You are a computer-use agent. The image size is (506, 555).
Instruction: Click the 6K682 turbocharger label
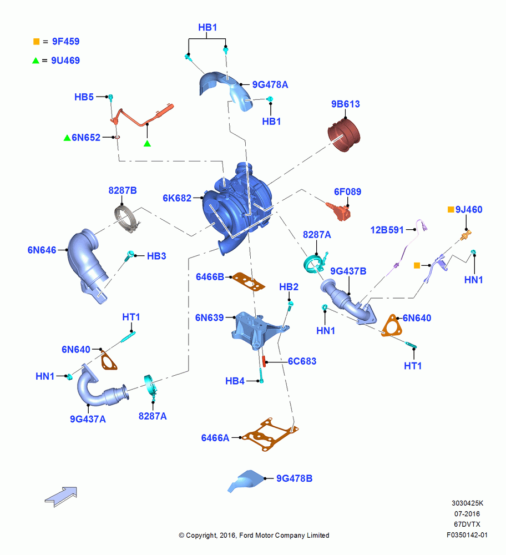177,198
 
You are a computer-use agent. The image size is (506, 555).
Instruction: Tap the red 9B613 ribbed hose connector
344,135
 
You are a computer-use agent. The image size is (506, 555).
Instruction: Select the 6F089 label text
347,192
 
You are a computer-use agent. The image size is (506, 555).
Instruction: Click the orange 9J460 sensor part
466,236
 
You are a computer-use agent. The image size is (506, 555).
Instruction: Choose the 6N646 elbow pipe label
42,250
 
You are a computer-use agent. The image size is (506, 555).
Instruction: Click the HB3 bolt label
156,256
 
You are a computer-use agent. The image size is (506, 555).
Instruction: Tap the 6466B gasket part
249,281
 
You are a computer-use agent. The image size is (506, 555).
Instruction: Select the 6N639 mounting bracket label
210,317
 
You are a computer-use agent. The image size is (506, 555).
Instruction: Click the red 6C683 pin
264,361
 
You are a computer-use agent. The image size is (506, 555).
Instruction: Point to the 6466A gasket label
215,438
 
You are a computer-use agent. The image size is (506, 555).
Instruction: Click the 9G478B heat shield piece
246,481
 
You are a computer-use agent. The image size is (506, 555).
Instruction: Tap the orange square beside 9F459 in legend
36,42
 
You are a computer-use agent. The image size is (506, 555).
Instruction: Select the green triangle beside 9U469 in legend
36,60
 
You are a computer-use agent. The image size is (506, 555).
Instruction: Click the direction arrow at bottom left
61,497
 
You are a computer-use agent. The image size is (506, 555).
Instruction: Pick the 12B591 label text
387,230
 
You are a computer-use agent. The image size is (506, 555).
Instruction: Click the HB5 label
84,97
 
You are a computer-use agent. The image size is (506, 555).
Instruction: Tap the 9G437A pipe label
88,419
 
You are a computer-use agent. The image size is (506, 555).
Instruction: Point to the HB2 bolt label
289,287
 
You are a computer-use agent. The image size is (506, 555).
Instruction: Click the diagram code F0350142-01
467,535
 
